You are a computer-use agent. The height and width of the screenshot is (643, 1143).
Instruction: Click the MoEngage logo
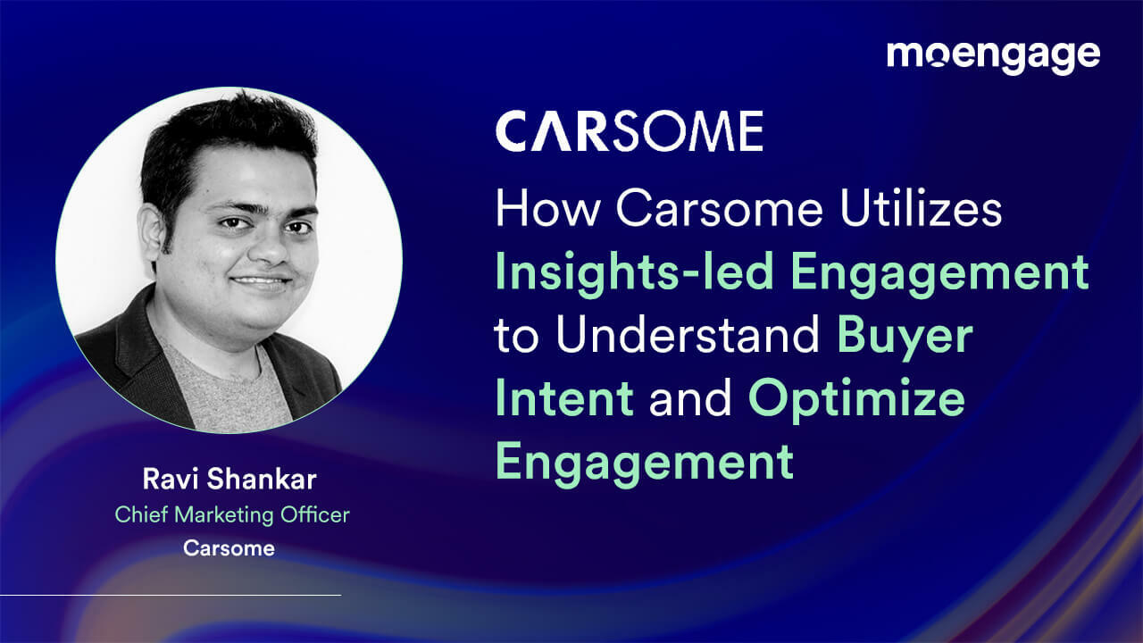pyautogui.click(x=993, y=55)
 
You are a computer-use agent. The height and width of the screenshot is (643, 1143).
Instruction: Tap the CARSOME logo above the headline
pyautogui.click(x=629, y=131)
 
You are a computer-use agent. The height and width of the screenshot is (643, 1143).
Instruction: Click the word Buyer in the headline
pyautogui.click(x=904, y=335)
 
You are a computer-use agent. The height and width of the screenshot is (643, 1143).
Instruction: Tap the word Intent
pyautogui.click(x=564, y=398)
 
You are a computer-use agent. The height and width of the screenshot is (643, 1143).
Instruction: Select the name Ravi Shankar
pyautogui.click(x=229, y=479)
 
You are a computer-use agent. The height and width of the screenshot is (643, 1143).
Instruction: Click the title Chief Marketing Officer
pyautogui.click(x=231, y=514)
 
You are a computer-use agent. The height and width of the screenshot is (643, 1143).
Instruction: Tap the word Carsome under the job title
pyautogui.click(x=229, y=547)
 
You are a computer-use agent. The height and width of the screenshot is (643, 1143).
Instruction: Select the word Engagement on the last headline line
pyautogui.click(x=645, y=461)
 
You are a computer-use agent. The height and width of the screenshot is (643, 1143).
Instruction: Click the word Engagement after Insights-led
pyautogui.click(x=939, y=272)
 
